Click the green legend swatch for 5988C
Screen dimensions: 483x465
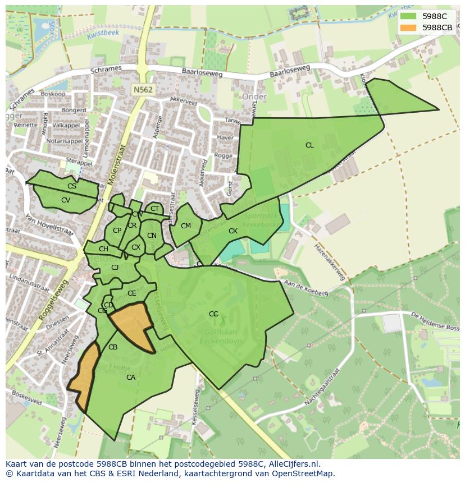(x=408, y=16)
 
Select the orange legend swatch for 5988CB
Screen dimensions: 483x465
(x=408, y=27)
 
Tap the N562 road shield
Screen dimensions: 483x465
(x=143, y=89)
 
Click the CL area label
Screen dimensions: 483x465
(x=309, y=145)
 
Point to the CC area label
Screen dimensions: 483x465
(x=213, y=314)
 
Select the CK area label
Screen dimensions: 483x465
(x=233, y=231)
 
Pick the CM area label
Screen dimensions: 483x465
(x=186, y=226)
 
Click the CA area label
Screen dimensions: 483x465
(x=131, y=378)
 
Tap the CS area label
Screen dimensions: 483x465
(x=72, y=186)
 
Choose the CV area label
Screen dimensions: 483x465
(x=66, y=200)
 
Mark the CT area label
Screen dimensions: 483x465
(x=154, y=209)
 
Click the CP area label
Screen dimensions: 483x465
(x=117, y=231)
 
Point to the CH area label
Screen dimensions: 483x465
(x=103, y=249)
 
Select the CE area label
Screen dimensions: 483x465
(x=132, y=293)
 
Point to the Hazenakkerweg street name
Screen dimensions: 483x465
(x=329, y=261)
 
